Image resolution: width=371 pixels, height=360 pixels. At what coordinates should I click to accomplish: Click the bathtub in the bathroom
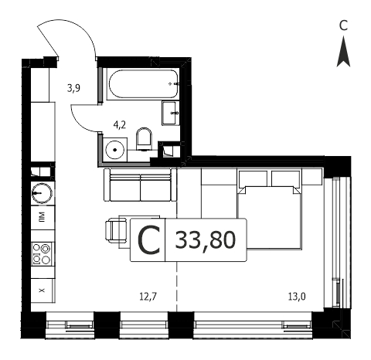pos(144,84)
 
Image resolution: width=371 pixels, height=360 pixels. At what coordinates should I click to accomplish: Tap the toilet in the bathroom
pos(144,138)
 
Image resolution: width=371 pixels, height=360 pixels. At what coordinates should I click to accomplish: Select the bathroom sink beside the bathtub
pos(171,113)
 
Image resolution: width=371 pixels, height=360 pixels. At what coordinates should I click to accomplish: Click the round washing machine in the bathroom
pos(115,150)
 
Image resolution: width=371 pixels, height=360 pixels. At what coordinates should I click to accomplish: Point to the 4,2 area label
pos(120,125)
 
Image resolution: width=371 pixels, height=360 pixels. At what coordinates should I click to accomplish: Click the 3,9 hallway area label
pos(73,88)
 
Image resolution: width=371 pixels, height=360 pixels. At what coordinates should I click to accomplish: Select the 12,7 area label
pos(148,297)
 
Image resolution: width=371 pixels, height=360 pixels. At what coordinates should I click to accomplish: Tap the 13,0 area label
pos(297,297)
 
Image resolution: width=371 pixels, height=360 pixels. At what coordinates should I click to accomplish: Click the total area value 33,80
pos(206,240)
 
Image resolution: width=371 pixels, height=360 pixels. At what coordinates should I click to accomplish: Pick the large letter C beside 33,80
pos(148,240)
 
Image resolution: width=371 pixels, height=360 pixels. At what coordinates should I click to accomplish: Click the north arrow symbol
pos(343,52)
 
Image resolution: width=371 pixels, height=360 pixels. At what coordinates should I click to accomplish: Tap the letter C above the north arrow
pos(343,25)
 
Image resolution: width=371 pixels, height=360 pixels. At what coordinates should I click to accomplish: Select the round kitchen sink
pos(42,193)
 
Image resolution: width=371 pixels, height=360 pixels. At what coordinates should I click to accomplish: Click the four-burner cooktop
pos(42,254)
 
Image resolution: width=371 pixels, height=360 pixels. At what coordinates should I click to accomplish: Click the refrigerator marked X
pos(43,290)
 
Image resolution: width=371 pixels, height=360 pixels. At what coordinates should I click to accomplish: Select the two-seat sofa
pos(141,185)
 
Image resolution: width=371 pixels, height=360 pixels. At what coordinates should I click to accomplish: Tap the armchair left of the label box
pos(117,230)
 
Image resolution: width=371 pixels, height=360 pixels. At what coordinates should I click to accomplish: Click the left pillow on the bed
pos(253,178)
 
